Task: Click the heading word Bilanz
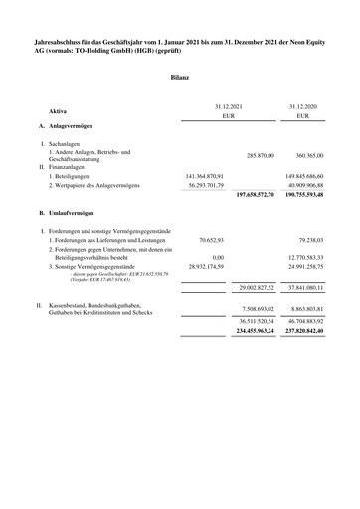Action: click(x=180, y=77)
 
